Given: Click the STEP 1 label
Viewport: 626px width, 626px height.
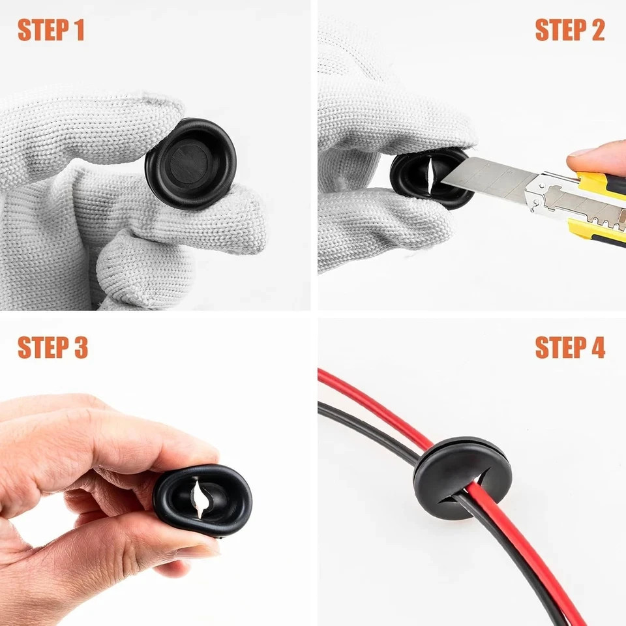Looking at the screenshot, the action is click(x=51, y=30).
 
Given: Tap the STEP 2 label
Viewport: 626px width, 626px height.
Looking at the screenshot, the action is click(x=570, y=30).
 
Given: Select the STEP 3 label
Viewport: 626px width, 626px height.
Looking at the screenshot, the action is click(x=53, y=348).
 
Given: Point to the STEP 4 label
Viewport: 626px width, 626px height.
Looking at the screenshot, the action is click(x=570, y=348).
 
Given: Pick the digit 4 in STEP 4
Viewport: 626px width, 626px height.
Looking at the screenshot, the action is click(x=597, y=348).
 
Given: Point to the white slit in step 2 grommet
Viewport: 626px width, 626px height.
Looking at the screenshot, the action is click(x=430, y=173).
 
